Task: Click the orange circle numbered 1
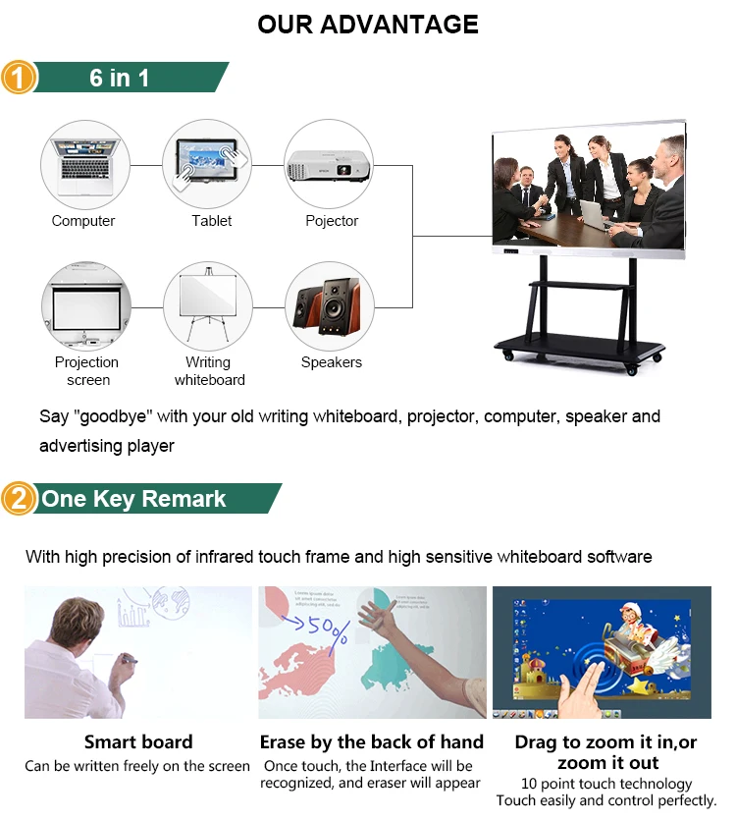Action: [x=19, y=77]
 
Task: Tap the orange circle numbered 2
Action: [x=19, y=499]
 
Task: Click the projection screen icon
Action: [x=85, y=305]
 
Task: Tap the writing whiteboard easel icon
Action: [x=208, y=305]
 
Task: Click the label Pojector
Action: [x=332, y=221]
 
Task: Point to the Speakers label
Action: [x=332, y=362]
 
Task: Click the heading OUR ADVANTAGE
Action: [x=368, y=25]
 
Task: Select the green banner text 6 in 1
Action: [x=120, y=78]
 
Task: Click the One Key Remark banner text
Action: [x=133, y=499]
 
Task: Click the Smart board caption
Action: [x=138, y=742]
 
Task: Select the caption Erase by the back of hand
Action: [x=372, y=742]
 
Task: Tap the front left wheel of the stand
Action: [x=508, y=356]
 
